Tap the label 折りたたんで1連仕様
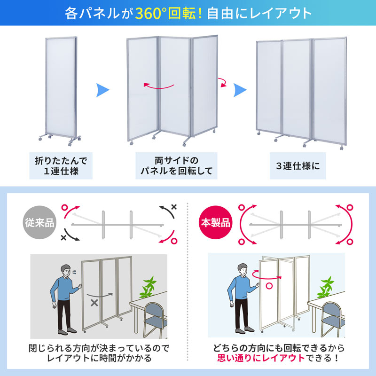click(x=61, y=165)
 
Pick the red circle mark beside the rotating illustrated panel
click(x=270, y=285)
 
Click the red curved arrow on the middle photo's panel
click(x=158, y=86)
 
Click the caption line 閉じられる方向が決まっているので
click(x=98, y=348)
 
